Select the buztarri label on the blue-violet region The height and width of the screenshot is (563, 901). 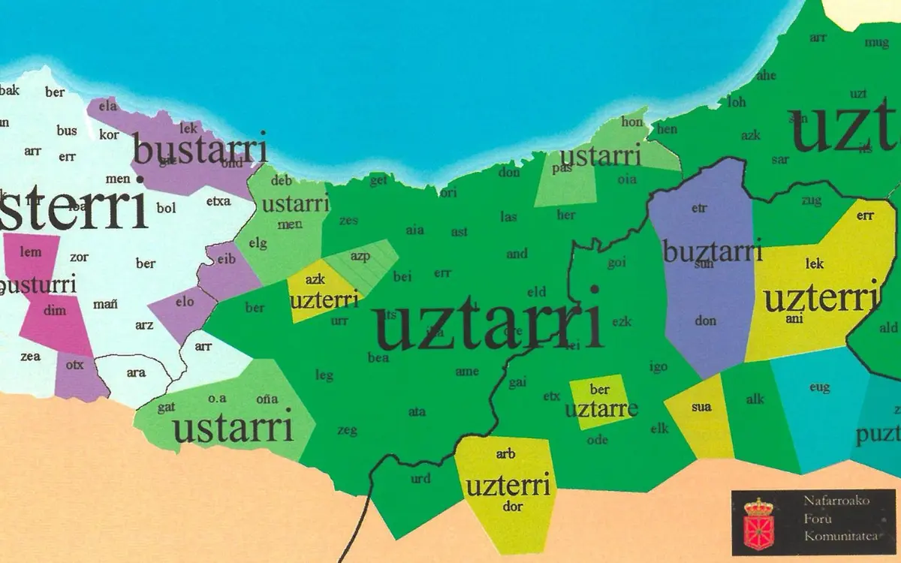click(x=713, y=251)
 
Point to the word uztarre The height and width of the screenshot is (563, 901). click(x=601, y=409)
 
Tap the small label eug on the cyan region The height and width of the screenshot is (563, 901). click(x=819, y=387)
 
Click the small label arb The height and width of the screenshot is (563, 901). click(x=505, y=454)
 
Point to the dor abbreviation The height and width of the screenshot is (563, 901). click(x=513, y=506)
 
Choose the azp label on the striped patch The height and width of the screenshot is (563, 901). click(x=360, y=257)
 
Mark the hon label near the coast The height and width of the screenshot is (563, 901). click(x=633, y=122)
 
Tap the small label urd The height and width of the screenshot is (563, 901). click(x=420, y=478)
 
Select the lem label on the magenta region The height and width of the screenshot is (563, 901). click(x=31, y=252)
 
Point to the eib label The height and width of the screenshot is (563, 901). click(x=226, y=259)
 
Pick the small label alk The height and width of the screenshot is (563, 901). click(x=755, y=399)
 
